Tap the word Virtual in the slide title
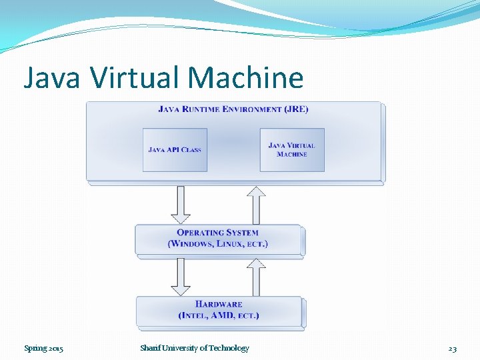point(136,78)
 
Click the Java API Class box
point(175,149)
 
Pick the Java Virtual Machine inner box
point(292,149)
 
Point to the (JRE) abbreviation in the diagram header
point(295,109)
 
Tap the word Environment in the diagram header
point(253,109)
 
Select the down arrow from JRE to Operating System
point(181,204)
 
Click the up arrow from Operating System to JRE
point(256,204)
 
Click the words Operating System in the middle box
point(218,233)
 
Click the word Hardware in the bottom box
point(219,305)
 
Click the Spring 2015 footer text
point(44,348)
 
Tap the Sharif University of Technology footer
point(195,348)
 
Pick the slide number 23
point(452,348)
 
